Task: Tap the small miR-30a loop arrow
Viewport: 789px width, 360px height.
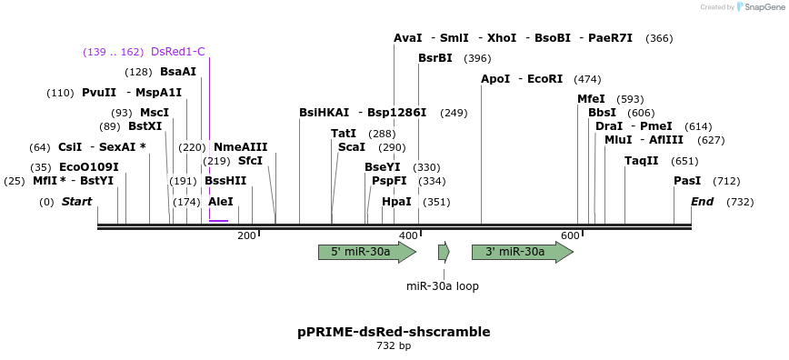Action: (x=444, y=252)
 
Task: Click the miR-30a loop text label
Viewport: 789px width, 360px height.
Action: (x=443, y=286)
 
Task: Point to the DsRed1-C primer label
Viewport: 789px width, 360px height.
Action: (x=178, y=52)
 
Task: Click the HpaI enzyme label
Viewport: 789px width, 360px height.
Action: (x=396, y=202)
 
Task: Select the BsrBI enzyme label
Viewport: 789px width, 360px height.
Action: (x=435, y=58)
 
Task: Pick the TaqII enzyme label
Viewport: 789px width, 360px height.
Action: (x=642, y=161)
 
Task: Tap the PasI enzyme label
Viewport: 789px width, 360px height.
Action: (x=687, y=181)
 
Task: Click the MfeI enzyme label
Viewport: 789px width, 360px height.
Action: (x=591, y=99)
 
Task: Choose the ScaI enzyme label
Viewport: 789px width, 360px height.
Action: (x=352, y=147)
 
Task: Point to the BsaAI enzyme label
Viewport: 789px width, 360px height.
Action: (x=178, y=72)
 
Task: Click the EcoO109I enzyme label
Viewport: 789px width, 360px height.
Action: (x=88, y=167)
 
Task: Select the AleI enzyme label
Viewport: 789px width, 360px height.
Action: (x=221, y=202)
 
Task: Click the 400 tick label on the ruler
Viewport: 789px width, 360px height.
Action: (x=408, y=236)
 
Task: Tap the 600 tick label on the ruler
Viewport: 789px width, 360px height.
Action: (x=570, y=236)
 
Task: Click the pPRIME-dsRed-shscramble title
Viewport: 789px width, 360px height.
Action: (x=394, y=332)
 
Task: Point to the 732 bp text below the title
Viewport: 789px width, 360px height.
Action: (x=394, y=346)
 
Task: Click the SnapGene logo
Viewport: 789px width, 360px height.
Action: (x=762, y=7)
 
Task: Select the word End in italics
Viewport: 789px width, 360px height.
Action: (x=702, y=202)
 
